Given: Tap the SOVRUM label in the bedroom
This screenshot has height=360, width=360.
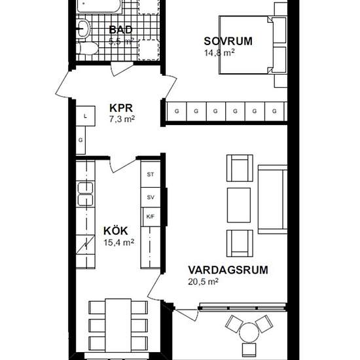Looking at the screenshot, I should click(x=228, y=41).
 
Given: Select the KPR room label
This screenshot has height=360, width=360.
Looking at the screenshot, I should click(x=121, y=107).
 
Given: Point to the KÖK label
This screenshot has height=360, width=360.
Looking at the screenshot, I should click(x=115, y=230).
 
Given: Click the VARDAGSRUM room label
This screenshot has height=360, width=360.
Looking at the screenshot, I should click(x=219, y=270).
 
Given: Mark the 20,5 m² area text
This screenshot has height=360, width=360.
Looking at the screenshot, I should click(x=202, y=281).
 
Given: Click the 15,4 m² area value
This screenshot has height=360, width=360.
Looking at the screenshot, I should click(x=118, y=242).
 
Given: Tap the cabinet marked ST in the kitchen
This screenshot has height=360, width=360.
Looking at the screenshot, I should click(x=151, y=174).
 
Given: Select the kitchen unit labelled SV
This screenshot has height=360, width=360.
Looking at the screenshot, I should click(x=151, y=197).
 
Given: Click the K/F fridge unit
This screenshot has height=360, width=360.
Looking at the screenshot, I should click(x=151, y=217).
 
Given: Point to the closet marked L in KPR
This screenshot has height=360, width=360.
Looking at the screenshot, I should click(x=85, y=117).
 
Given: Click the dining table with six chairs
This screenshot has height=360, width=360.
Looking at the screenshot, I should click(x=118, y=325).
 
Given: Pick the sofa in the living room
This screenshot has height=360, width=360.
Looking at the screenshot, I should click(x=271, y=200).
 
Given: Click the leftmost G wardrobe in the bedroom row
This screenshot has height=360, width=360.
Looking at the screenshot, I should click(x=177, y=112).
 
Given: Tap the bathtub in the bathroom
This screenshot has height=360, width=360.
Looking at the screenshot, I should click(x=99, y=7).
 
